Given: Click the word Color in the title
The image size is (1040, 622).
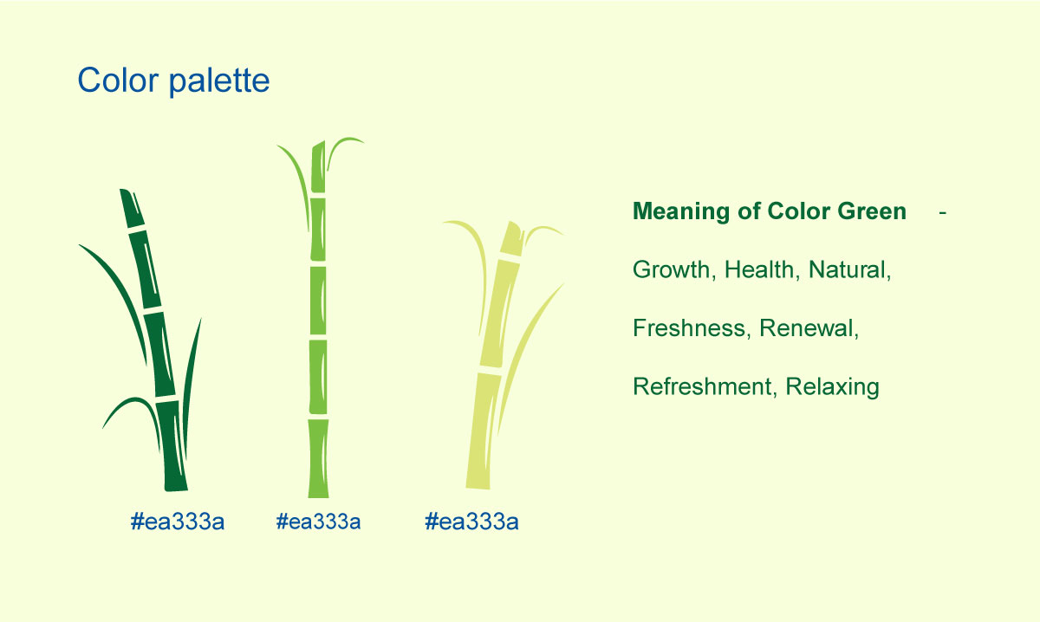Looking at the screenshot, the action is tap(118, 80).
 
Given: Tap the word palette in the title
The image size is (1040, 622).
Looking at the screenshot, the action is tap(219, 81).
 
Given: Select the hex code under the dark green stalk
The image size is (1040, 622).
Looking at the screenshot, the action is tap(178, 522).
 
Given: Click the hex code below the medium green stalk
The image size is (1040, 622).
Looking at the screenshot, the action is tap(318, 522).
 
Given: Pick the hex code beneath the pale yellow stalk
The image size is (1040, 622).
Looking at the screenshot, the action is tap(471, 522).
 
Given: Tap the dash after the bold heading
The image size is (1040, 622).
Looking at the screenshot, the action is tap(943, 213).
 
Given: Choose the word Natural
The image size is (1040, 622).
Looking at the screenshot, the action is tap(849, 269).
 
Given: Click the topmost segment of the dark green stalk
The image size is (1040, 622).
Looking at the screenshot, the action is tap(132, 208).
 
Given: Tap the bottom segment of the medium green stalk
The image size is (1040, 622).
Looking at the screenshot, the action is tap(319, 458).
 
